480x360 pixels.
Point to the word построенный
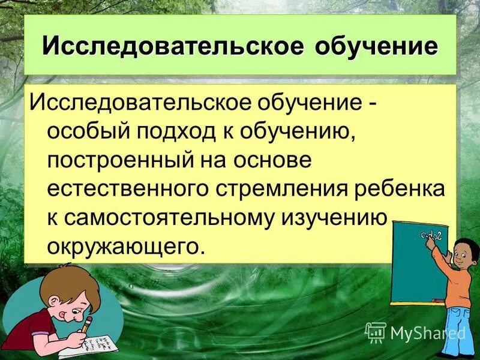click(x=115, y=161)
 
